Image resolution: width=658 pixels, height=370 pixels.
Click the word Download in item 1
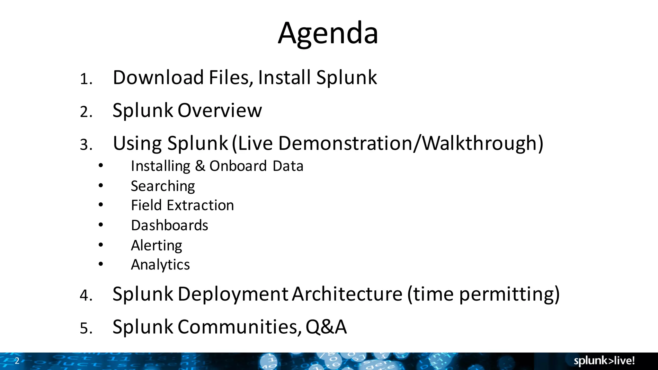point(158,78)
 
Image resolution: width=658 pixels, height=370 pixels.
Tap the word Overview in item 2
point(219,110)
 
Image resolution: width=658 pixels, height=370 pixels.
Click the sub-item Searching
point(163,186)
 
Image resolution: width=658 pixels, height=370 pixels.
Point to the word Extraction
point(200,206)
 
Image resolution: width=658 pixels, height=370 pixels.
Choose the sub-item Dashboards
point(169,225)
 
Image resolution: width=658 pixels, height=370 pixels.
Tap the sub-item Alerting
point(156,246)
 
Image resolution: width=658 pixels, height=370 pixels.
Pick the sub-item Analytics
point(160,265)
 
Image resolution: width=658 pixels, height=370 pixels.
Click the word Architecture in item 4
point(347,294)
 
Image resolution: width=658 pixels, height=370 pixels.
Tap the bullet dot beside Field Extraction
point(101,205)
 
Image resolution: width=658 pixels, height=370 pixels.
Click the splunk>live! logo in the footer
point(604,361)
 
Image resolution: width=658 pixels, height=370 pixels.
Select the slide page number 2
point(17,361)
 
